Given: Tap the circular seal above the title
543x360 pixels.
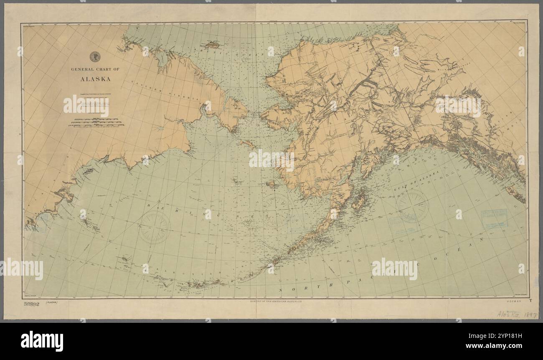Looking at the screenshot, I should point(95,56).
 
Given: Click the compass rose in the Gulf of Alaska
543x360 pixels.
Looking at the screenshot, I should point(412,205).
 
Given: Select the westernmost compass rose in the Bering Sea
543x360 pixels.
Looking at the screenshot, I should point(155,227).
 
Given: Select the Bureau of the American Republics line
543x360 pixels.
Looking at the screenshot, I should point(274,301).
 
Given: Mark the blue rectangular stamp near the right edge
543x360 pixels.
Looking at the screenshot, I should point(495,218).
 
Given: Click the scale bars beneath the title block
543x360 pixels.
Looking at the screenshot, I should point(96,122).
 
